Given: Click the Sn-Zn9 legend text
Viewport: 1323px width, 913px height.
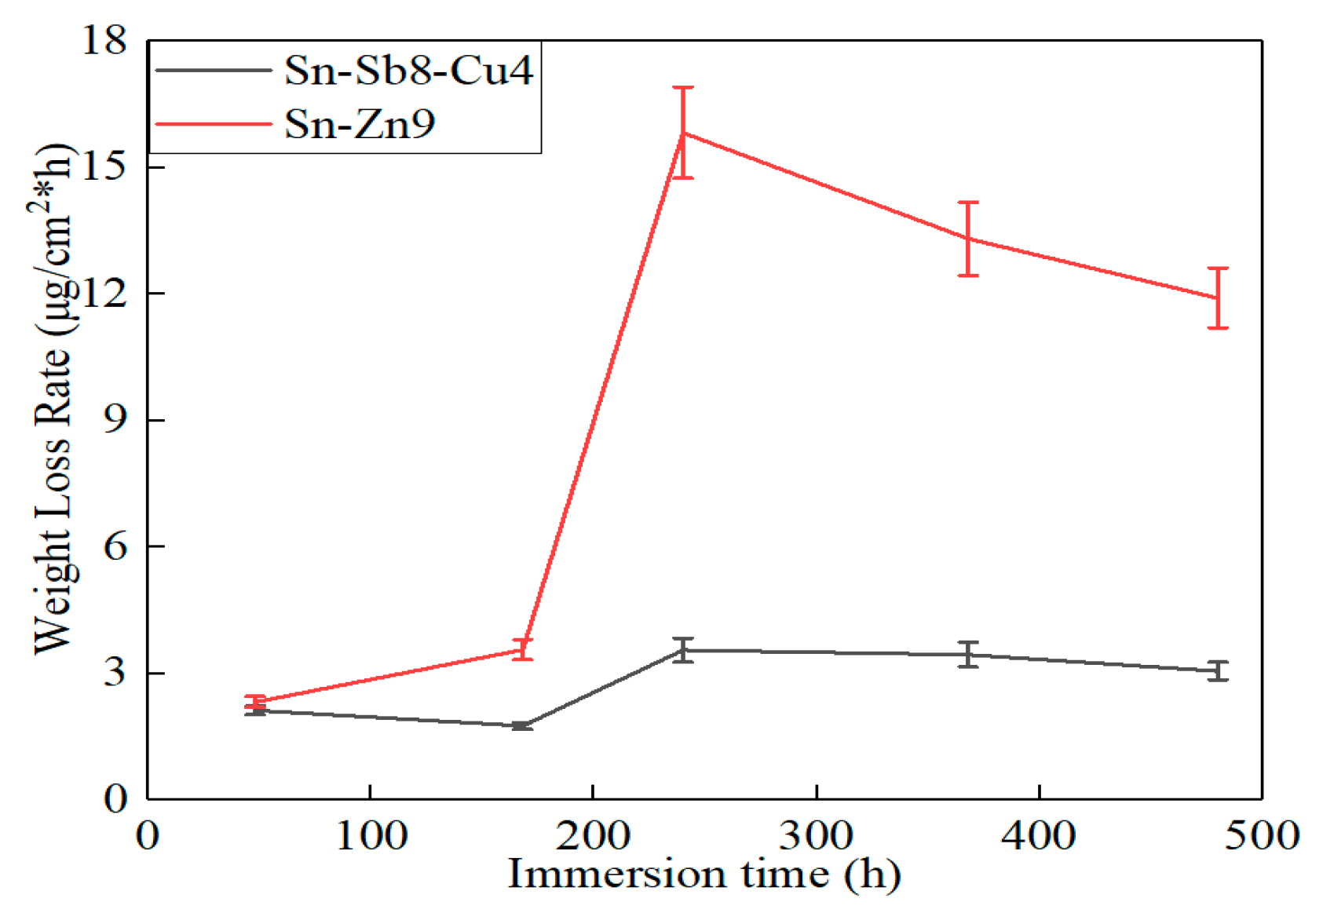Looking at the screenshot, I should pos(359,124).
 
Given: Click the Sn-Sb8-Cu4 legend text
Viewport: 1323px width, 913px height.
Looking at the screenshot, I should pos(408,71).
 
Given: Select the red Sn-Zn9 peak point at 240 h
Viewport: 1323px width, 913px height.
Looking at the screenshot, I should pos(683,133).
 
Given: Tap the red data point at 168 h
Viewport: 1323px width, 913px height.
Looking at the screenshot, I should pos(522,649).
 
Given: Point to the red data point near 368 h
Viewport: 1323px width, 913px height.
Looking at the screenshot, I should pos(968,239).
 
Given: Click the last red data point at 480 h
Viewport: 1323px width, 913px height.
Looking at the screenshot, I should pos(1218,298).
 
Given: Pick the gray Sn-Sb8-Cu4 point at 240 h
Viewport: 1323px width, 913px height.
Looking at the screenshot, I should pos(683,650).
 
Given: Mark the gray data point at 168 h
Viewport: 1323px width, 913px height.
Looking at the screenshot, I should pos(522,725).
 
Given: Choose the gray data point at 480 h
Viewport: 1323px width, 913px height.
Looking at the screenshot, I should pos(1218,670).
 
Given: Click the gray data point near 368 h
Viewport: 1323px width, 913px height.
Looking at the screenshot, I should pos(968,654).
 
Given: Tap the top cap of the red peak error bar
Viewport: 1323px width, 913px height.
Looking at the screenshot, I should pos(683,88).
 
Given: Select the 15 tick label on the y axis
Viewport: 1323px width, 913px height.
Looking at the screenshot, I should pos(104,166).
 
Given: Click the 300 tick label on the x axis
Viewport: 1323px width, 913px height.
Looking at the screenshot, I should pos(816,835).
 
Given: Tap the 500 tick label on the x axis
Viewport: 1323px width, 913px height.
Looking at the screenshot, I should pos(1262,835).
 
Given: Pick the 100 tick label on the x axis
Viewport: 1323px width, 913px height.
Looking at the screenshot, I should pos(371,835).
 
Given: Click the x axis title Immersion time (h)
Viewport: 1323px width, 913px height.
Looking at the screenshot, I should pos(704,874).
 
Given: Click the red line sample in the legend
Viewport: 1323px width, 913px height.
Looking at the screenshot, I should pos(214,124).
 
